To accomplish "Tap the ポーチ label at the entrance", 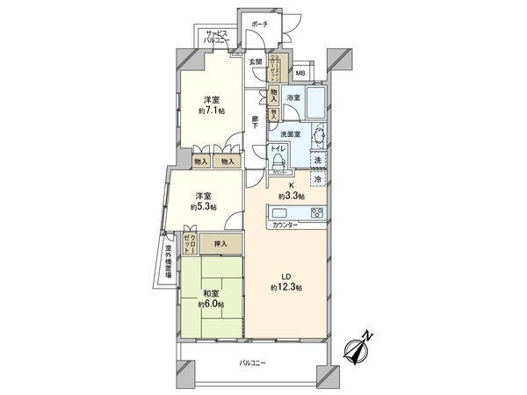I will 258,25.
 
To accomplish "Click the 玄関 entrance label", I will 255,61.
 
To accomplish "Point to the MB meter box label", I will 300,74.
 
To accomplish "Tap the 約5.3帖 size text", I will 203,207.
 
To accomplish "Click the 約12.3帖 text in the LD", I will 286,288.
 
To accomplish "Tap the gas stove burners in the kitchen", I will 316,212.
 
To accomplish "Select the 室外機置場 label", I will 168,262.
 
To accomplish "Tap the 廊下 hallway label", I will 255,124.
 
